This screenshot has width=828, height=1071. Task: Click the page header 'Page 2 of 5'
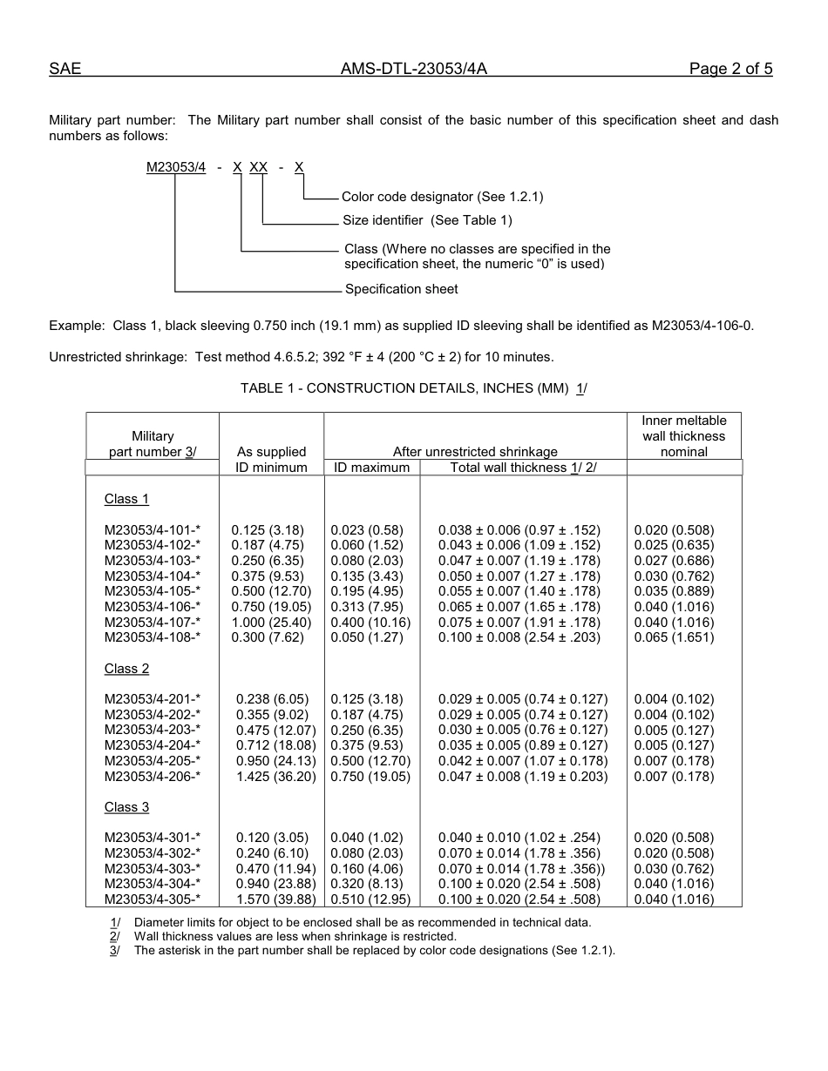click(x=730, y=70)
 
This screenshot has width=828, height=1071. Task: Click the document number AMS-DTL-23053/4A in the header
click(x=414, y=70)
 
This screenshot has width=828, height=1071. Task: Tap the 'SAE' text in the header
click(x=65, y=70)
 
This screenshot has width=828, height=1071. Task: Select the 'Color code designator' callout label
click(x=442, y=197)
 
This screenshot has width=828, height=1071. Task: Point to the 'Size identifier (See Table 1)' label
click(x=427, y=220)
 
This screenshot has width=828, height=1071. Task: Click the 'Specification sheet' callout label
click(x=401, y=289)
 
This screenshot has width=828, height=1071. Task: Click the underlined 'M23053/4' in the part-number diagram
click(x=176, y=167)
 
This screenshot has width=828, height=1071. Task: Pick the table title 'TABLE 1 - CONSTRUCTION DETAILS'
click(x=413, y=388)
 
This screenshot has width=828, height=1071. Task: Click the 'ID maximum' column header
click(x=372, y=468)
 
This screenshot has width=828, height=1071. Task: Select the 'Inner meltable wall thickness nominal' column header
click(x=684, y=436)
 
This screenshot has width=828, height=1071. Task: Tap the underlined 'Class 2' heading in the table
click(x=126, y=669)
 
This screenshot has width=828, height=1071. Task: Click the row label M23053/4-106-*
click(x=153, y=607)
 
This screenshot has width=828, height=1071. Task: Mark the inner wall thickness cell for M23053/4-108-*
click(x=674, y=637)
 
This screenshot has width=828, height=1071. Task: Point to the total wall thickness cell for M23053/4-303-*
click(x=522, y=869)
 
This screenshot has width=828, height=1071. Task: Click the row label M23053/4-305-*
click(x=153, y=899)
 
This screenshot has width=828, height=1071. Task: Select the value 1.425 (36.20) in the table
click(x=275, y=776)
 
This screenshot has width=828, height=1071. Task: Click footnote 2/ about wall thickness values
click(x=295, y=936)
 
